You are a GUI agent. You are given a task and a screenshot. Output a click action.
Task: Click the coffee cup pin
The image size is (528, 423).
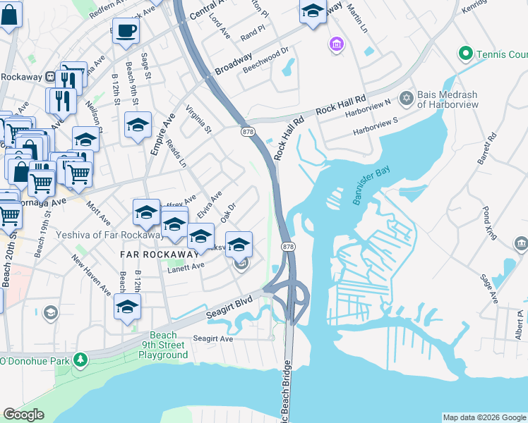point(126,31)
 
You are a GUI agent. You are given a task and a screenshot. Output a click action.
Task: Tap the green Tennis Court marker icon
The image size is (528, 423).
point(464,54)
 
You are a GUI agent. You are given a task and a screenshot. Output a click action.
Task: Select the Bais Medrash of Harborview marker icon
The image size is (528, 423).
point(406,98)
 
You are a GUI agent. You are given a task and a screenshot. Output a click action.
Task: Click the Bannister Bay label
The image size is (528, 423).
point(371,185)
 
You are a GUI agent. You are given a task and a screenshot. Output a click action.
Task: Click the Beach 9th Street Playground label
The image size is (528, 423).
point(163,345)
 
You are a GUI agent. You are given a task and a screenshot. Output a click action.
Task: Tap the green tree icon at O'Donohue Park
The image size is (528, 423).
point(80,360)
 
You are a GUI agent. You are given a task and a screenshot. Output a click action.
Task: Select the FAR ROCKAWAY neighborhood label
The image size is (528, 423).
point(148,253)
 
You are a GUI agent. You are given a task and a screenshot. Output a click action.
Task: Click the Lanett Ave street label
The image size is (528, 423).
point(185,266)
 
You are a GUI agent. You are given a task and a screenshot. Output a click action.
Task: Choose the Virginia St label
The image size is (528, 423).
point(198,119)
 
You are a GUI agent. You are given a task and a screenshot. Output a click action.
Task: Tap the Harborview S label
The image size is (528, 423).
point(376,126)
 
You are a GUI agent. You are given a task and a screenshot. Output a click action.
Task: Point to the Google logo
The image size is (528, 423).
point(23,415)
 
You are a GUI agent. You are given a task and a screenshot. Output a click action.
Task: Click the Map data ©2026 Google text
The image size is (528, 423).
point(484,417)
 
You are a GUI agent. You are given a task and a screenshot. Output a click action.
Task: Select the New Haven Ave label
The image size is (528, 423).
point(91,275)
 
